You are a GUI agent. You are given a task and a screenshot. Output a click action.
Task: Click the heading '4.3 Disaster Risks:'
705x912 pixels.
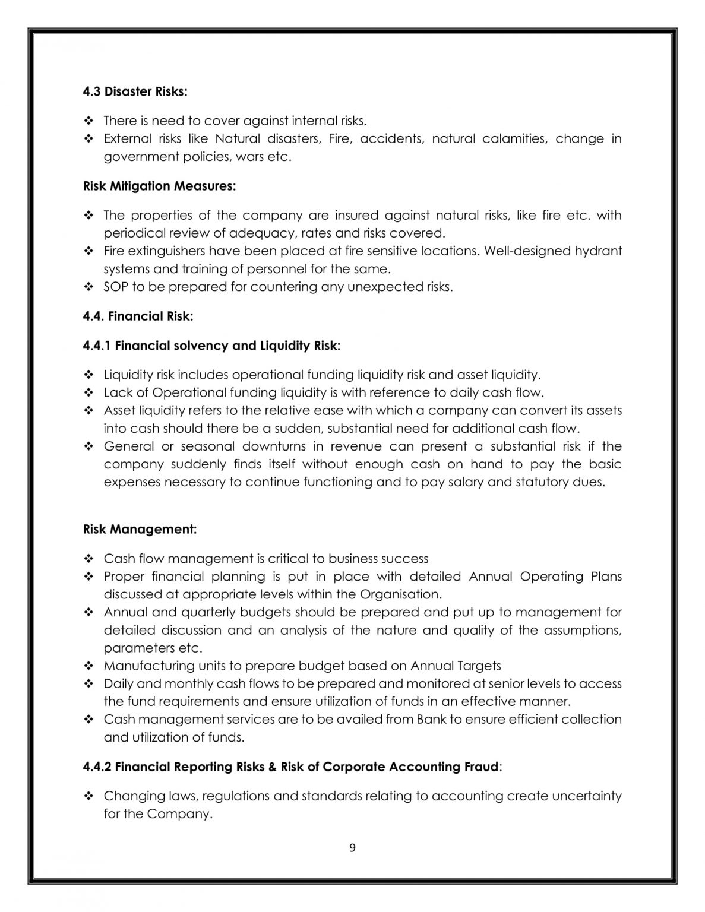[x=135, y=91]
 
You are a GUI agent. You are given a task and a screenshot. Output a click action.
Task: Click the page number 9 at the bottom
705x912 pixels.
[x=352, y=848]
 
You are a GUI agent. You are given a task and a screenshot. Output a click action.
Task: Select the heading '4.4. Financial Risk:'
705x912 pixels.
[x=138, y=316]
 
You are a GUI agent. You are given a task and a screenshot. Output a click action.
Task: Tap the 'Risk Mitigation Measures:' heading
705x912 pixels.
[x=159, y=186]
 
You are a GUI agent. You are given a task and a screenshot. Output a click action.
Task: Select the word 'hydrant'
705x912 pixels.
[x=598, y=251]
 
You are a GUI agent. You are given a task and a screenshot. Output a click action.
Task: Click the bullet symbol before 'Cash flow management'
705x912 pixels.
[x=89, y=559]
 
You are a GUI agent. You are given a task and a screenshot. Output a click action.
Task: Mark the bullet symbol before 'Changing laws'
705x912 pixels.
[x=89, y=796]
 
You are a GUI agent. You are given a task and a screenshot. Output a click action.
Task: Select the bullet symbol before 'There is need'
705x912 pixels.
[x=89, y=121]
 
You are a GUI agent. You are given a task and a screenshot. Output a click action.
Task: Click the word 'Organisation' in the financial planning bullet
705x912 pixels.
[x=399, y=594]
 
